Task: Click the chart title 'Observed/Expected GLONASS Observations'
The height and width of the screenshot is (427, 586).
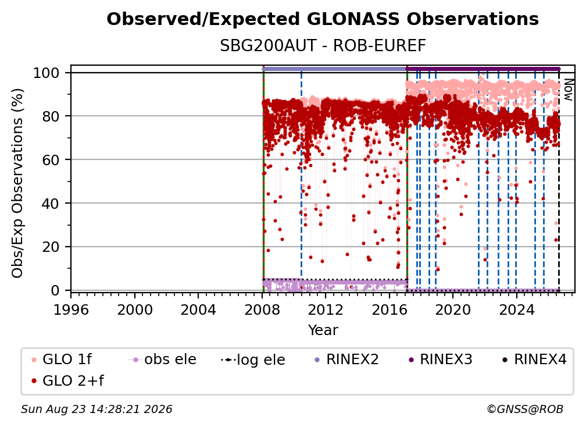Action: (323, 19)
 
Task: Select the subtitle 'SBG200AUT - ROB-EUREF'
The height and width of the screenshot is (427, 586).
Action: (323, 46)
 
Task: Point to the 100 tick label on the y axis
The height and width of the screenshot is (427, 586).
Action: (46, 73)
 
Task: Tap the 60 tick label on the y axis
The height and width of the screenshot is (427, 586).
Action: (51, 160)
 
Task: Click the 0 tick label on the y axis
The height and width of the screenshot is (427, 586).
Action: (55, 290)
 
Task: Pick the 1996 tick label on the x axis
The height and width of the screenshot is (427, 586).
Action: (71, 310)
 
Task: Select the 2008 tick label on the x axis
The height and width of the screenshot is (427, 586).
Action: (262, 310)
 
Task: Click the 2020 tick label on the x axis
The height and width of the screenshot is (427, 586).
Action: (453, 310)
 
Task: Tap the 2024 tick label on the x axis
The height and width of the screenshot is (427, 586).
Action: (516, 310)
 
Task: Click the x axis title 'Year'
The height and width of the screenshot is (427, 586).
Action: (323, 330)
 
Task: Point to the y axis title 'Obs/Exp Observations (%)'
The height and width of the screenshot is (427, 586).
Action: (17, 183)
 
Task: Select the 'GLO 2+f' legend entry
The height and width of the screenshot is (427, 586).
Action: (67, 380)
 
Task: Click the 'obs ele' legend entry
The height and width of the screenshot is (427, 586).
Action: (162, 360)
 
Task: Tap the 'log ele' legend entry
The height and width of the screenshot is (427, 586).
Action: (253, 360)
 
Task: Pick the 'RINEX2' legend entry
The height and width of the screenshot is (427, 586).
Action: (347, 360)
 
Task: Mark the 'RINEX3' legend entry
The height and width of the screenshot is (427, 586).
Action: (440, 360)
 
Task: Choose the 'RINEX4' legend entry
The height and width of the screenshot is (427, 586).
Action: (534, 360)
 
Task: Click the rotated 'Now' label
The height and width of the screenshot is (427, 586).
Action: (568, 90)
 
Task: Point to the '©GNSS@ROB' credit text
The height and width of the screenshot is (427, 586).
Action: (525, 409)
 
